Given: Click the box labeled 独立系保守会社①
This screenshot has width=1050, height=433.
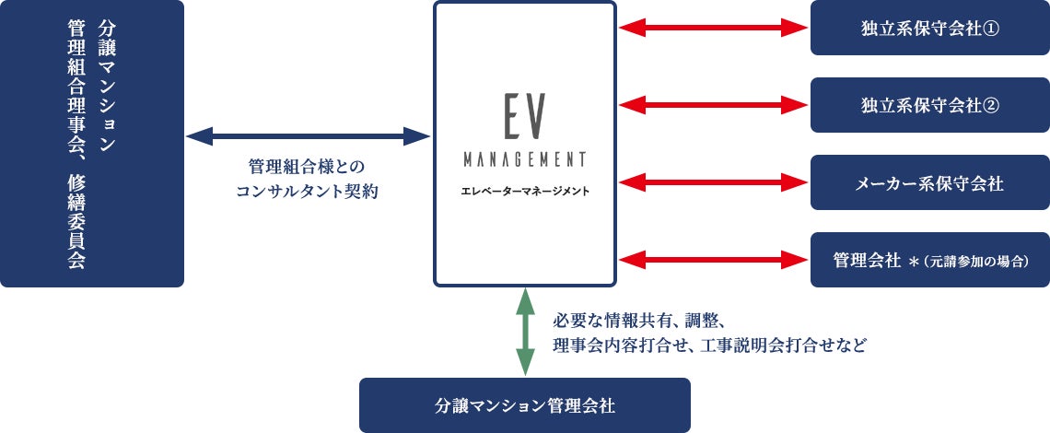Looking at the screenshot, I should tap(929, 29).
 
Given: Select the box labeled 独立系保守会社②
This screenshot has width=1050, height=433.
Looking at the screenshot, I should tap(929, 105).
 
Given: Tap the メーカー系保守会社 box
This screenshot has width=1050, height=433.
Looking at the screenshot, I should tap(929, 182).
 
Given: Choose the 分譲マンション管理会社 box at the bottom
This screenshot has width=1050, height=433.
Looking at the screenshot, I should tap(524, 405).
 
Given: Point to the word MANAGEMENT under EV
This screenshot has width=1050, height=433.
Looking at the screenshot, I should tap(524, 159).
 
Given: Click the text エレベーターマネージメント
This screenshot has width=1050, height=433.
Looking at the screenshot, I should tap(524, 192).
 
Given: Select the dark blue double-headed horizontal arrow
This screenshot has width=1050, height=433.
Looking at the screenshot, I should tap(309, 137).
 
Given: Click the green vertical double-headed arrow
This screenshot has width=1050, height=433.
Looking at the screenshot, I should tap(524, 332).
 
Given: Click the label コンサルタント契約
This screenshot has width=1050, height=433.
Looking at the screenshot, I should tap(308, 193).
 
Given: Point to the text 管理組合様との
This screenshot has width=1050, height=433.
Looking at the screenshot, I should tap(308, 167).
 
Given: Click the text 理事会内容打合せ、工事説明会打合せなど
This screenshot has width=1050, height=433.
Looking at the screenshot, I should tap(710, 346).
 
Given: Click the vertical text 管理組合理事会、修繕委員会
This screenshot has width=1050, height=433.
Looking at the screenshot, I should tap(76, 143).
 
